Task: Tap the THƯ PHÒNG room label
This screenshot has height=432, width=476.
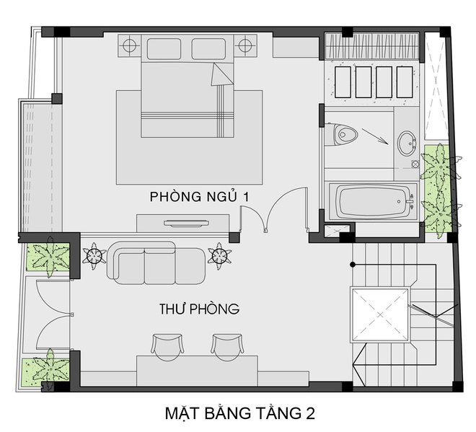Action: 199,309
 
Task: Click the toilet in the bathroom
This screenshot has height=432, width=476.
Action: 342,134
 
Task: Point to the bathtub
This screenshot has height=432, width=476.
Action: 371,201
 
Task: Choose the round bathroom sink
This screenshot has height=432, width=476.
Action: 406,141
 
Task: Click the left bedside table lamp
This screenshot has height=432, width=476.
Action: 130,46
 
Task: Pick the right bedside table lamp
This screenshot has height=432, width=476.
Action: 246,46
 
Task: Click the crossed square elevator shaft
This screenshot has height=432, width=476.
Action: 379,314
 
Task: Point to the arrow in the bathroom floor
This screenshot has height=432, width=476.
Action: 373,135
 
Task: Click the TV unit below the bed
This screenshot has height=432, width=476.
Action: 185,222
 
